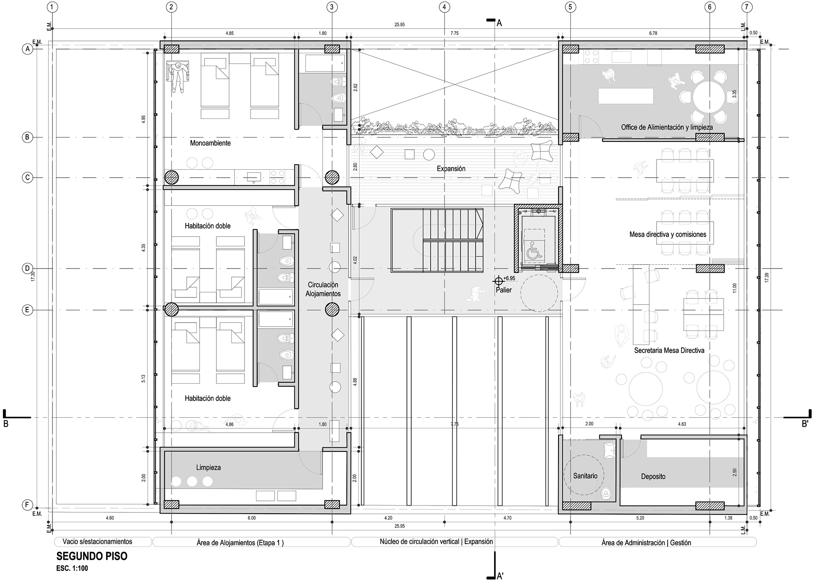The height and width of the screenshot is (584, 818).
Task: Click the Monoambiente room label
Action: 210,143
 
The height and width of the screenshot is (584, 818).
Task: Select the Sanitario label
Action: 585,476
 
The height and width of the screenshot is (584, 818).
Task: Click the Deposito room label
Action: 653,477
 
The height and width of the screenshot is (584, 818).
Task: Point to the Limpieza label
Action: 208,468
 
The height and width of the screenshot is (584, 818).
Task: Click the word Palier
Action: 504,290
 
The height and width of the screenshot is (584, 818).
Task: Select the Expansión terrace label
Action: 451,169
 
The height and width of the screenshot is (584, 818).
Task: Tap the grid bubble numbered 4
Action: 444,7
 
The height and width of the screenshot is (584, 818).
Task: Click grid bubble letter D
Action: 27,269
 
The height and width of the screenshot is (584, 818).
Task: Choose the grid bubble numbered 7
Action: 746,7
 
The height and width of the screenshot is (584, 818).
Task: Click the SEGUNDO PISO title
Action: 92,556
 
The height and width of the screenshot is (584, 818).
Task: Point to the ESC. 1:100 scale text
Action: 72,568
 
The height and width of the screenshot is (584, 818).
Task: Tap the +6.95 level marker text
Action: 509,278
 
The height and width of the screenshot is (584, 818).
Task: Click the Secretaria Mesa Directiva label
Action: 669,351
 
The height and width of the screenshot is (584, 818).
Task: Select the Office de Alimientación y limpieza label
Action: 667,127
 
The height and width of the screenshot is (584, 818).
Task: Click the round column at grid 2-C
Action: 171,177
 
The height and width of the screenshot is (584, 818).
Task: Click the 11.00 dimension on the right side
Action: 734,289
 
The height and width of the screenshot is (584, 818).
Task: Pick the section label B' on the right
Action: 805,424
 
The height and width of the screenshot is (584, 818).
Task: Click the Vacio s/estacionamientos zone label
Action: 103,542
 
